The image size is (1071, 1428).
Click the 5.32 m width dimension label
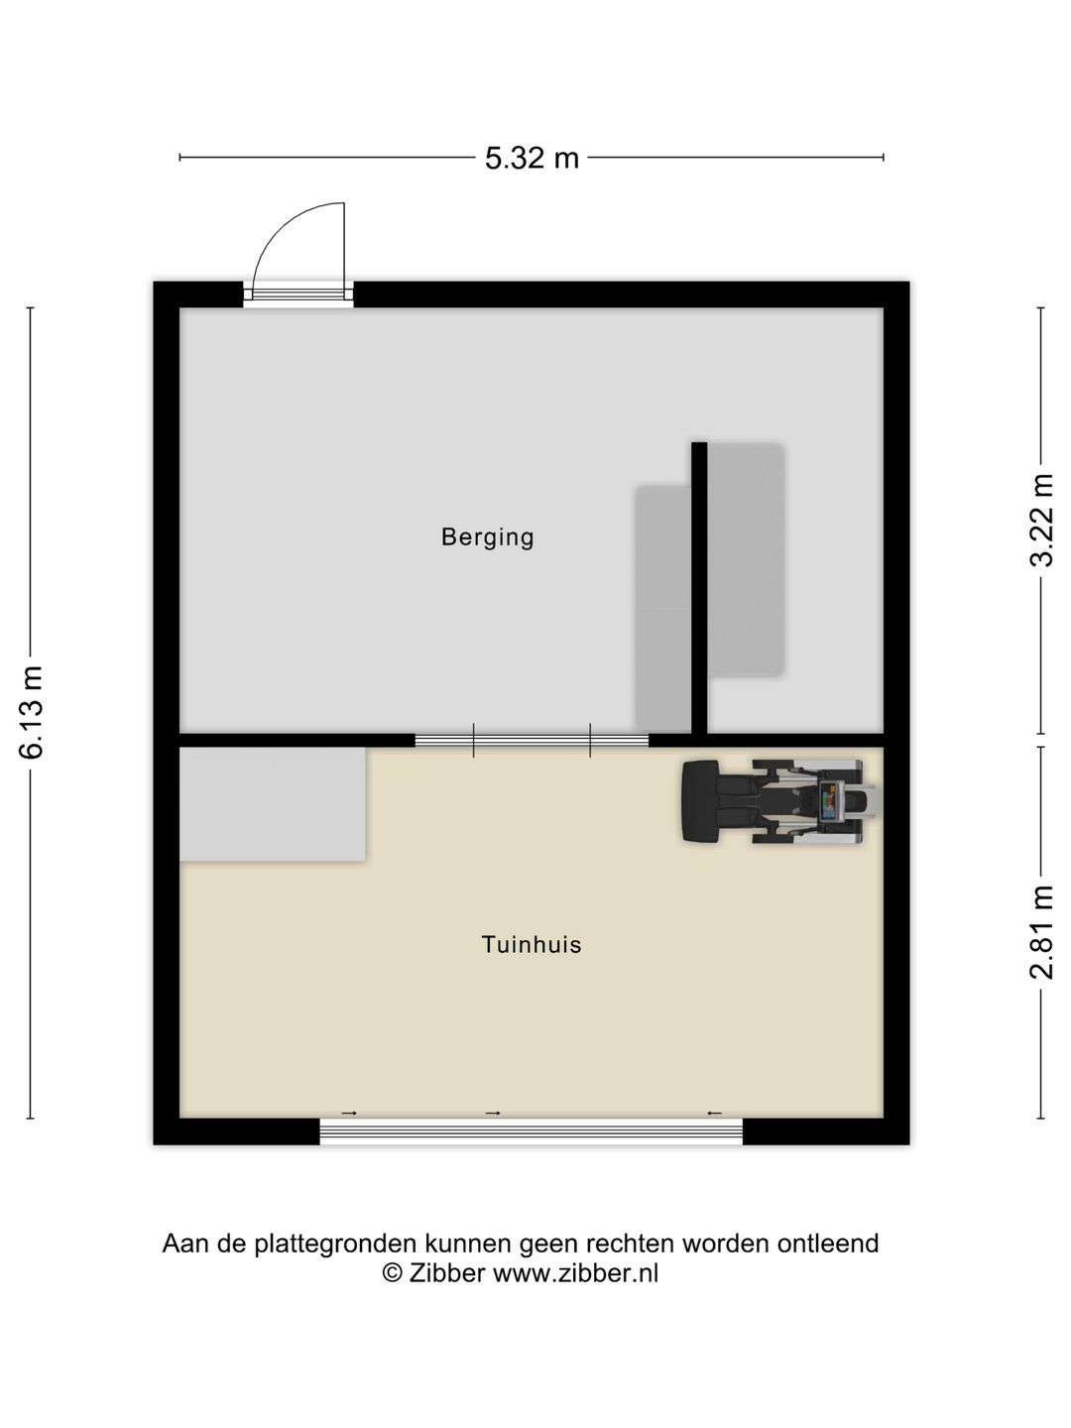click(532, 158)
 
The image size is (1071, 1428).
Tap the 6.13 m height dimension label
click(31, 712)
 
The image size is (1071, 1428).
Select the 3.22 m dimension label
click(1041, 520)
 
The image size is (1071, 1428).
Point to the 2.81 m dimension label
click(1041, 931)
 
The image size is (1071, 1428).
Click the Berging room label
click(487, 537)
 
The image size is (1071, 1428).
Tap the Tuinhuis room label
click(532, 945)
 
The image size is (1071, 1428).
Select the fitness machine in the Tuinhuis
click(777, 802)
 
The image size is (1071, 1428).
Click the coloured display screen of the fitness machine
click(828, 800)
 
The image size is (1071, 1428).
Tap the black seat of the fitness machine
click(700, 802)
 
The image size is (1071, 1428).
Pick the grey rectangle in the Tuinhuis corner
click(272, 804)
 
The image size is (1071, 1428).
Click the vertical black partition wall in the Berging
click(699, 588)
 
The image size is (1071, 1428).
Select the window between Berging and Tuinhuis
click(532, 741)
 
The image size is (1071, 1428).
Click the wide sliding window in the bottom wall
click(531, 1132)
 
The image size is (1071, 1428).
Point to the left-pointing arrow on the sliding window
click(714, 1113)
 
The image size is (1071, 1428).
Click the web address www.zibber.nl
click(575, 1273)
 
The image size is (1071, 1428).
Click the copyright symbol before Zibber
click(392, 1273)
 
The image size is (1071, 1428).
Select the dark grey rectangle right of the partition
click(746, 560)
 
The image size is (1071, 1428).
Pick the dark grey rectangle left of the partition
click(662, 608)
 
